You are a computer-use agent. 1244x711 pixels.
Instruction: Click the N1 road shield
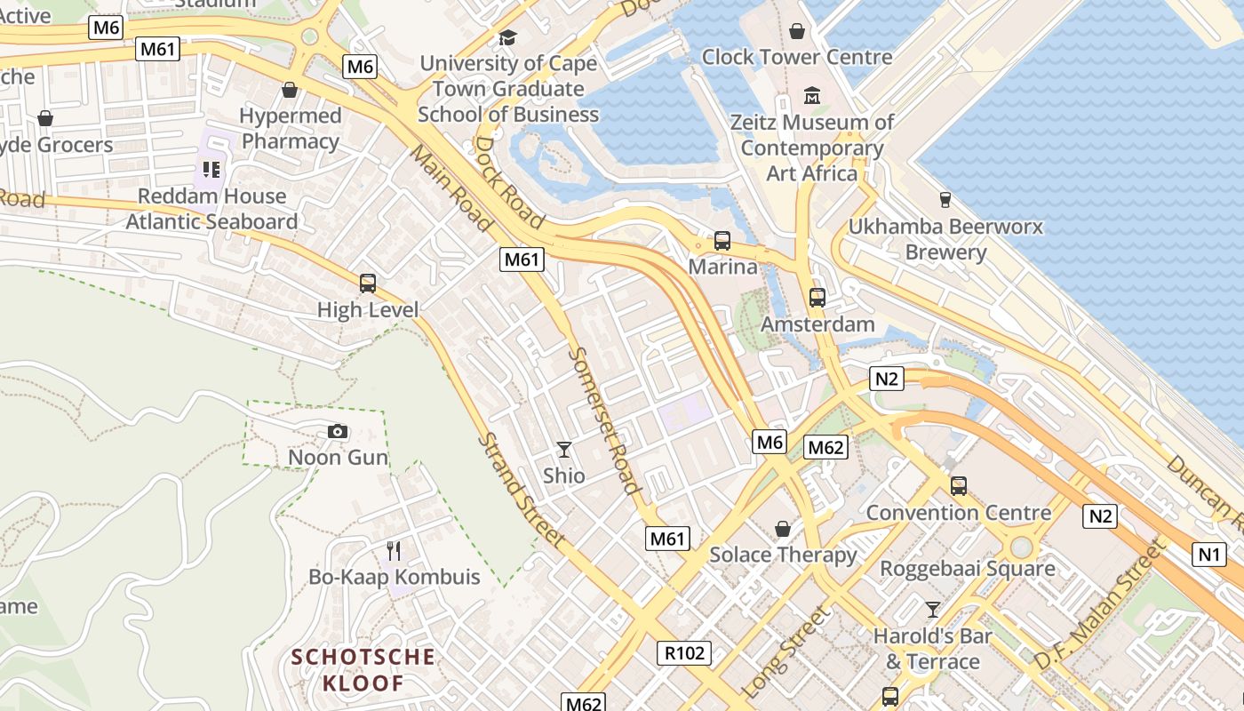coord(1208,555)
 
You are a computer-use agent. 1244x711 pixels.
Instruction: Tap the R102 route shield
coord(684,653)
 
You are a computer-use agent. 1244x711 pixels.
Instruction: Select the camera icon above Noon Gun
coord(338,432)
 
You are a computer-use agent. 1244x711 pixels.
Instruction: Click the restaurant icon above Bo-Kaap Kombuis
coord(394,551)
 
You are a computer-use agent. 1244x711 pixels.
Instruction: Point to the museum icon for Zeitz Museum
coord(812,95)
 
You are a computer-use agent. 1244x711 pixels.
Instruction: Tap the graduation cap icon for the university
coord(507,37)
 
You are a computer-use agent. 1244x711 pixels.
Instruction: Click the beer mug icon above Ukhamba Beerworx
coord(945,200)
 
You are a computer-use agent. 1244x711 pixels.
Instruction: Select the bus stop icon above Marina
coord(722,241)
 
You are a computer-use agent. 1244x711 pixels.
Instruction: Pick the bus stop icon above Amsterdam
coord(817,298)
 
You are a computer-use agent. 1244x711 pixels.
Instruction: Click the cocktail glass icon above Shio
coord(563,450)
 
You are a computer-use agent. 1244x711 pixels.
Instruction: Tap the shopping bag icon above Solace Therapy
coord(783,529)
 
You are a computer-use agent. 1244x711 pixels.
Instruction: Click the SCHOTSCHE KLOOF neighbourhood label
coord(363,670)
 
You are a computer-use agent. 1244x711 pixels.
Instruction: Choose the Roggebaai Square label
coord(967,568)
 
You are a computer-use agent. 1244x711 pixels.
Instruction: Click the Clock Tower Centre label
coord(797,57)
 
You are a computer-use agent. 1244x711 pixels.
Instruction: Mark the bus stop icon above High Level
coord(368,284)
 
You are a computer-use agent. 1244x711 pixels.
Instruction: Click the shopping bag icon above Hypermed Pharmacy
coord(289,90)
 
